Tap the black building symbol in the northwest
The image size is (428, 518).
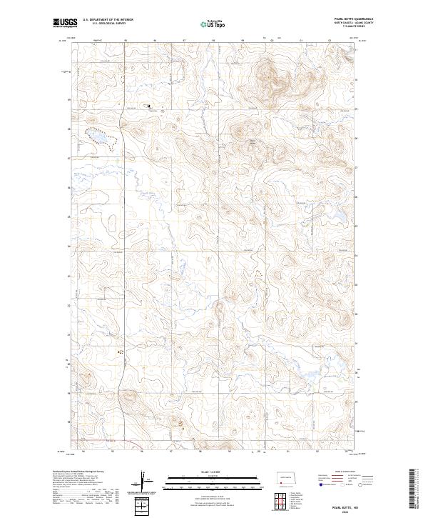coord(148,107)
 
